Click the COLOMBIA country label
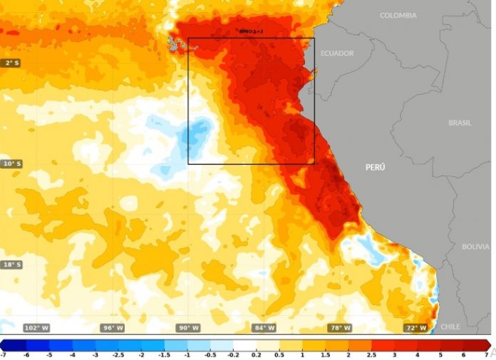(x=398, y=15)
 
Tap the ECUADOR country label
(x=337, y=53)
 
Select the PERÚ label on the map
(x=375, y=167)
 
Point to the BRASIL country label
(x=460, y=123)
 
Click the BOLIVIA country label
(x=475, y=247)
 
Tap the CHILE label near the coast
(x=450, y=326)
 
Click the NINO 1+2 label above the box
(x=251, y=32)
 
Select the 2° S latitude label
(x=11, y=63)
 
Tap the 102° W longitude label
(x=36, y=328)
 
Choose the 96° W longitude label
(x=113, y=328)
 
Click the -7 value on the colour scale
(x=4, y=354)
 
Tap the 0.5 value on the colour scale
(x=279, y=354)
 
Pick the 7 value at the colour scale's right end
(x=487, y=354)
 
